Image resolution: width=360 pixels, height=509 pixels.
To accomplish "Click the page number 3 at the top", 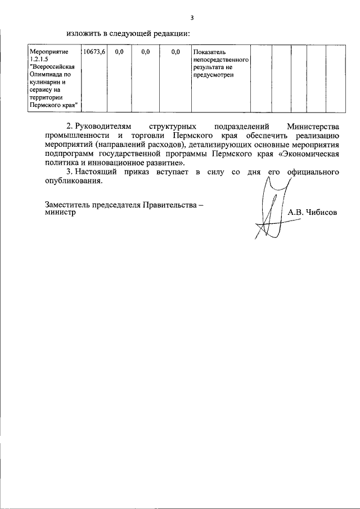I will tap(192, 17).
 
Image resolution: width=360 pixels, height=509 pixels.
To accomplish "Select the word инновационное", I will tap(118, 163).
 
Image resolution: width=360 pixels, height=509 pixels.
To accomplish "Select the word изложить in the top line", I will tap(82, 32).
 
